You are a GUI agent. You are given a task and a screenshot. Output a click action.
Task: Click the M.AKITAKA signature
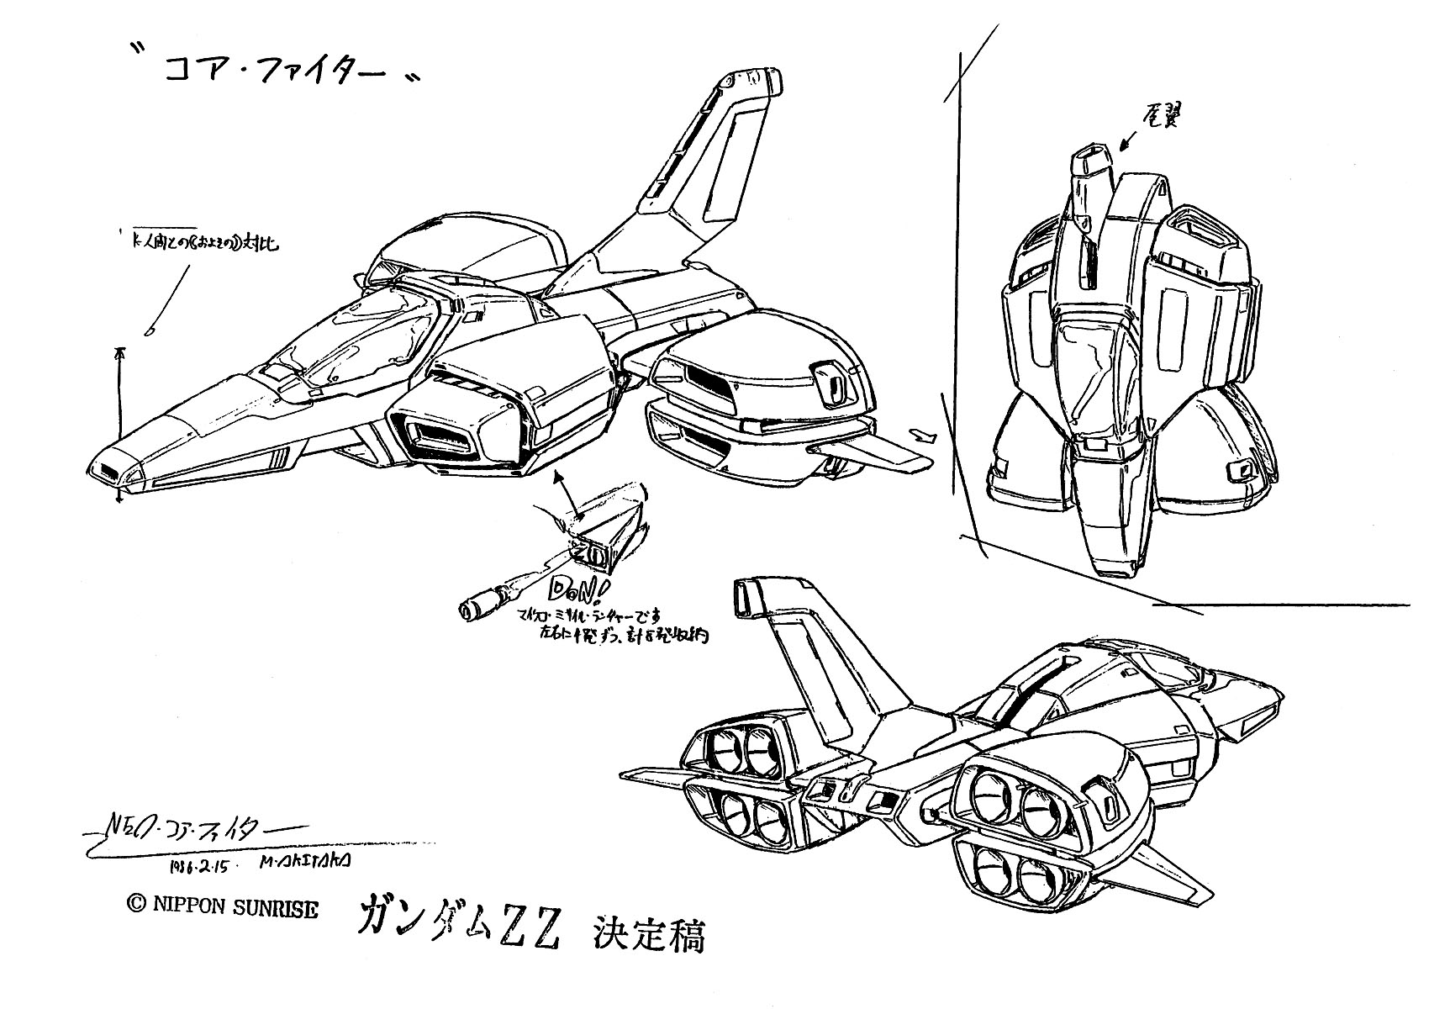click(310, 861)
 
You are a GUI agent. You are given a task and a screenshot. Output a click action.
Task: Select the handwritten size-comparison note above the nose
click(202, 246)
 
